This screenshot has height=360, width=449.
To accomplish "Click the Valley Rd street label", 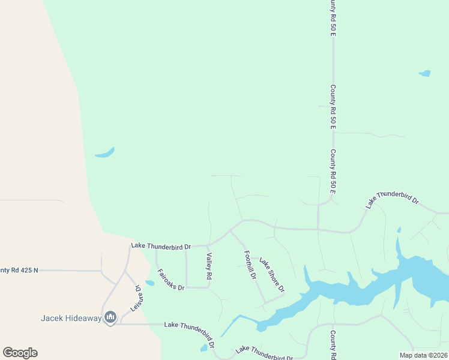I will click(x=209, y=266).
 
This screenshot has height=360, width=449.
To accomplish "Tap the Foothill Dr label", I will click(x=250, y=266).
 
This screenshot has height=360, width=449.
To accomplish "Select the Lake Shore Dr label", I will click(x=272, y=275).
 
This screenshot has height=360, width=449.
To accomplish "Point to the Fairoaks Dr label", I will click(x=170, y=279).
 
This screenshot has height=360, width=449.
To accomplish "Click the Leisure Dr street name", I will click(x=137, y=298).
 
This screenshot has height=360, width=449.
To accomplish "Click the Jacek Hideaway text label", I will click(x=71, y=318).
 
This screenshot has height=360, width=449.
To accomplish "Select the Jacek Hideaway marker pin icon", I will click(x=110, y=317).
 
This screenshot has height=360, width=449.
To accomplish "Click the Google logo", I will click(x=20, y=353).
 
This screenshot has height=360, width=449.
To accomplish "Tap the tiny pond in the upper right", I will click(x=424, y=74).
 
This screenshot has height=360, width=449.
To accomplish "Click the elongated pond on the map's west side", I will click(x=104, y=153).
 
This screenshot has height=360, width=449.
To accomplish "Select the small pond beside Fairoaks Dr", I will click(x=149, y=283).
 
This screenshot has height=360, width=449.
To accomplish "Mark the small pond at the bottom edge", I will click(x=205, y=347).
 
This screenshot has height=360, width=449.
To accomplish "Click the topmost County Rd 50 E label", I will click(x=332, y=18).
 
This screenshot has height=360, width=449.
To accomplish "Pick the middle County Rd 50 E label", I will click(x=332, y=108).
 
